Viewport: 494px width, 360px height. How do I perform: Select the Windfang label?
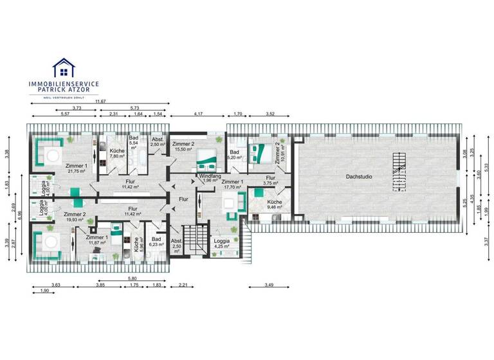coord(210,178)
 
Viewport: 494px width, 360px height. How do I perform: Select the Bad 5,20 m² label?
coord(235,154)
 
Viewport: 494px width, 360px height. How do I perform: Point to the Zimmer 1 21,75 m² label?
coord(77,168)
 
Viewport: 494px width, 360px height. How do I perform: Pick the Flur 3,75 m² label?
coord(271,180)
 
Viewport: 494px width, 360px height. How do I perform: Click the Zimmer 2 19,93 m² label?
coord(75,217)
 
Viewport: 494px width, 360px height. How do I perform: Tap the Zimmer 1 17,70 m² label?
coord(232,185)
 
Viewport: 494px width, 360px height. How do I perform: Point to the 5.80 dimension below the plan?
coord(132,278)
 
